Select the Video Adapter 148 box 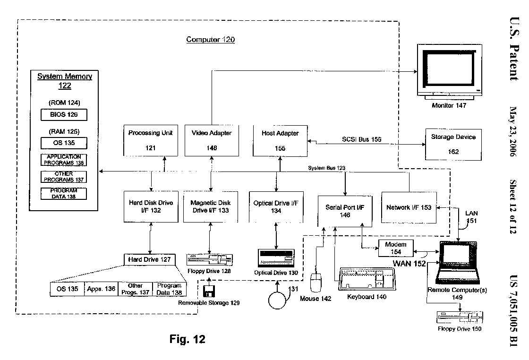click(x=212, y=140)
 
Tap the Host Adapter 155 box click(x=280, y=140)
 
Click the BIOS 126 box click(x=64, y=114)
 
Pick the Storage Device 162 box click(x=453, y=144)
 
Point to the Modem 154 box click(x=396, y=248)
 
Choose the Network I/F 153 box click(x=409, y=207)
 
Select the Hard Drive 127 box click(x=149, y=259)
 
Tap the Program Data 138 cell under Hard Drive click(x=169, y=289)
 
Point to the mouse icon click(x=316, y=283)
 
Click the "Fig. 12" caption click(x=188, y=339)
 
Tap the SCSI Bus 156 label click(x=362, y=139)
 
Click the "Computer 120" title click(x=210, y=40)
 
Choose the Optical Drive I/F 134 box click(x=276, y=206)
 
